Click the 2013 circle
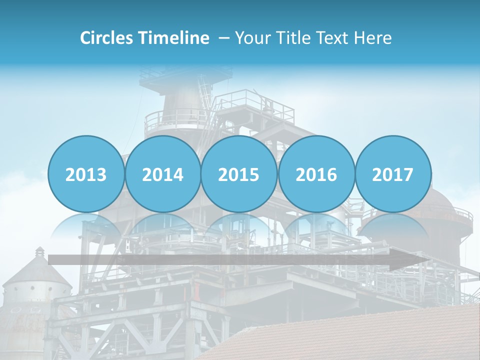point(86,174)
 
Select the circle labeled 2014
point(162,174)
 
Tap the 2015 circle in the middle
point(239,174)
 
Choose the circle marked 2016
point(316,174)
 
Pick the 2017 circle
point(392,174)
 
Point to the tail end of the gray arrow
point(52,259)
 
